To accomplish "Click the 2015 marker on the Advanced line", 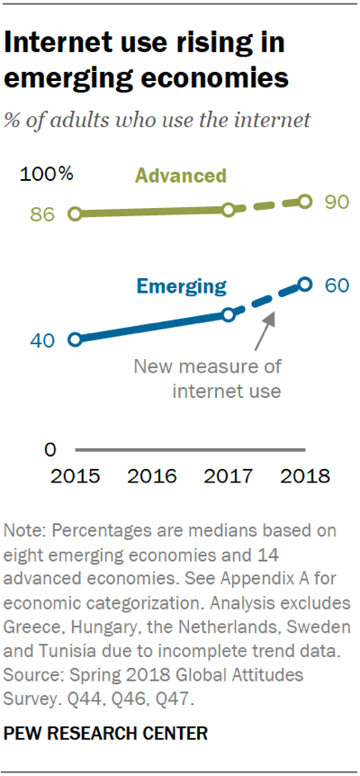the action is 75,213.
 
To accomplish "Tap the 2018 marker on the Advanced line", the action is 305,201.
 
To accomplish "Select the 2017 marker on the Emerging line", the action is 228,315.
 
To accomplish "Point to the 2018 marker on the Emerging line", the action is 305,284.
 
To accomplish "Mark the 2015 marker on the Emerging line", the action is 75,339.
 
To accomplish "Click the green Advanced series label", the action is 181,176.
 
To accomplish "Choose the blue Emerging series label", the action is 182,286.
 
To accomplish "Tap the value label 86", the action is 42,215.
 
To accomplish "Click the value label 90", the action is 337,202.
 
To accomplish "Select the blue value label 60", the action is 337,284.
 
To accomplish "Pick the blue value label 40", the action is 42,340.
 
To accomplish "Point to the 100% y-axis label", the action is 46,175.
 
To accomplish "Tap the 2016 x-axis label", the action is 152,476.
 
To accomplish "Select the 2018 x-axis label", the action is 304,476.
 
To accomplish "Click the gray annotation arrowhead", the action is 269,319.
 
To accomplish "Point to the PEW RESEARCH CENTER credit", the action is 106,733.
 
